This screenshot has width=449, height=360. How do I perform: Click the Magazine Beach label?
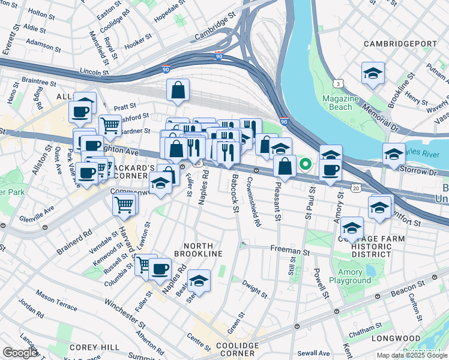click(340, 103)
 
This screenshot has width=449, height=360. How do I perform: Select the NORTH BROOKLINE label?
click(203, 250)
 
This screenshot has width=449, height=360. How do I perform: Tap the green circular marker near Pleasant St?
click(306, 163)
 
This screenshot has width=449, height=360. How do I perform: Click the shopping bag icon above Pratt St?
click(178, 91)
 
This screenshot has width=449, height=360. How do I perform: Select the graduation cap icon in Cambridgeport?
click(373, 73)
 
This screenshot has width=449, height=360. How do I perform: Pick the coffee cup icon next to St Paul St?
click(329, 170)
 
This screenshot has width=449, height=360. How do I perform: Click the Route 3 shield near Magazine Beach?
click(339, 83)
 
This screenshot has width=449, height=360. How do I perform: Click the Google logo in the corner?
click(20, 353)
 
